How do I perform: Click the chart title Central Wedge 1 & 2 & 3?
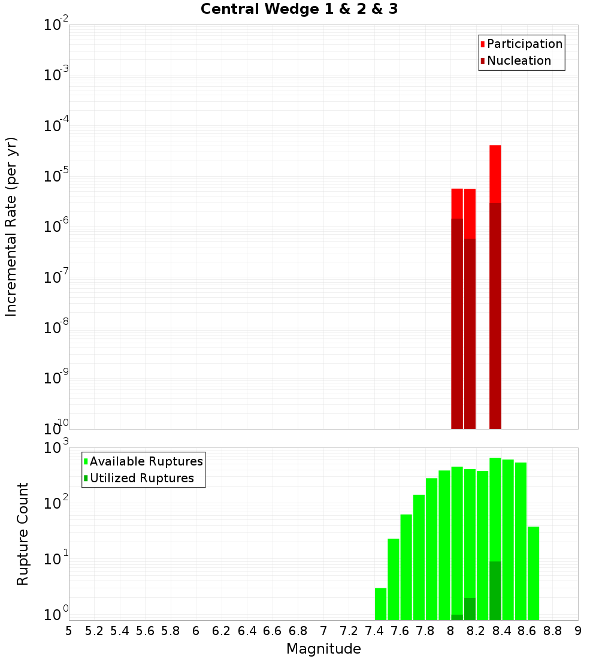(x=299, y=10)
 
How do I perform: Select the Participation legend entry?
(x=524, y=44)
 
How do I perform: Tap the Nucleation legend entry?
(x=518, y=61)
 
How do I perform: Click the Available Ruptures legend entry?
(x=146, y=461)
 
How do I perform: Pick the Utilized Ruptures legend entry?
(x=141, y=478)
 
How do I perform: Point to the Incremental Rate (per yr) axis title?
(x=11, y=227)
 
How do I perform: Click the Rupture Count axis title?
(x=23, y=534)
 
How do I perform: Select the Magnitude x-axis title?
(x=323, y=649)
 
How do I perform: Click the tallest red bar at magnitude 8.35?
(x=495, y=174)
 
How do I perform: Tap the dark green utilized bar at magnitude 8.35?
(x=495, y=590)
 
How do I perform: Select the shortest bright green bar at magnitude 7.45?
(x=380, y=604)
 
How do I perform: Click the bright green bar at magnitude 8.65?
(x=533, y=573)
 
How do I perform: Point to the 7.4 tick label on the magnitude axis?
(x=374, y=631)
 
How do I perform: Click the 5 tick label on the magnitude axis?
(x=69, y=631)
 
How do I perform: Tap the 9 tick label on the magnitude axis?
(x=578, y=631)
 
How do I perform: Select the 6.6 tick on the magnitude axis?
(x=273, y=631)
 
